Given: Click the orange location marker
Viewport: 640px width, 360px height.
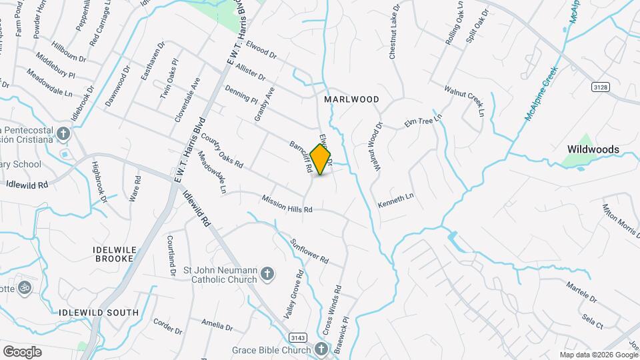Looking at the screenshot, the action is tap(321, 159).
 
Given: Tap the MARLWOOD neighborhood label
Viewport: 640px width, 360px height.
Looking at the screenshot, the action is tap(351, 99).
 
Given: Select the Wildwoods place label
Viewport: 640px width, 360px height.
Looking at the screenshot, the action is tap(593, 149).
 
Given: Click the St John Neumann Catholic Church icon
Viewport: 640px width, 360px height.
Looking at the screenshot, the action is tap(267, 274).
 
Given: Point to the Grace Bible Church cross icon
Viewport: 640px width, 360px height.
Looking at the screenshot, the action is tap(321, 349).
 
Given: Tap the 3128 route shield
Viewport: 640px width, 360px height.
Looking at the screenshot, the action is tap(601, 87).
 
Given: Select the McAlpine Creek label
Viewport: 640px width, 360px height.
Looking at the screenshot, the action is tap(540, 97).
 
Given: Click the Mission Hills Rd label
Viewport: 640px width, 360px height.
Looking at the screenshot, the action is tap(287, 204).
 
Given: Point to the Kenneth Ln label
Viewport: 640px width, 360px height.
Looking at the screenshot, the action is tap(396, 199).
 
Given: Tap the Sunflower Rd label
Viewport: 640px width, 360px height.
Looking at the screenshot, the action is tap(309, 249).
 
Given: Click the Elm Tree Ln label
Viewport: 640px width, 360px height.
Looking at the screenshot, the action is tap(423, 122).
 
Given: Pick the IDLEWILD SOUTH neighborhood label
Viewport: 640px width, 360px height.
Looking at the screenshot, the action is tap(99, 312).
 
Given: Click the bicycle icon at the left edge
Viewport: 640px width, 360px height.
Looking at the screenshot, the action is tap(25, 288).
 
